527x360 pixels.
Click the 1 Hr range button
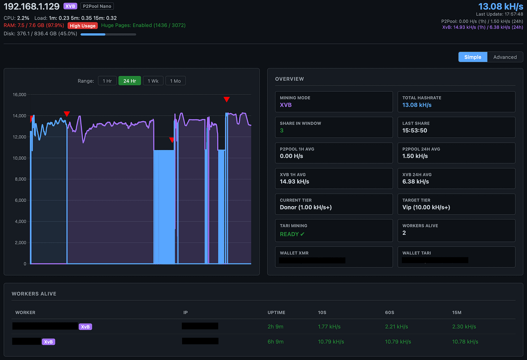coord(107,81)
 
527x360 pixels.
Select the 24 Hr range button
coord(130,81)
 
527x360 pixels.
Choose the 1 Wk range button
coord(153,81)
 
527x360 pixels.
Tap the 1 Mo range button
coord(175,81)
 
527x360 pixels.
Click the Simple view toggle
coord(473,57)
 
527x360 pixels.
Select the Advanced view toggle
coord(505,57)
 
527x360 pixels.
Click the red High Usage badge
coord(83,26)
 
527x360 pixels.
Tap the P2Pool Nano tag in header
coord(97,6)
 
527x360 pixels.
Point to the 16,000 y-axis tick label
coord(20,94)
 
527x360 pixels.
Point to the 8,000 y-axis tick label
coord(21,179)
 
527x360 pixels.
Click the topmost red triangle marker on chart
coord(227,99)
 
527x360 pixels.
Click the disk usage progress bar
coord(108,34)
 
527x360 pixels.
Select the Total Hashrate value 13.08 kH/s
coord(417,105)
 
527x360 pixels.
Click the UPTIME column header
coord(276,312)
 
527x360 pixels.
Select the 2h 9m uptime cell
coord(275,327)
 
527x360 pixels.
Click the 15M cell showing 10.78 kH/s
coord(465,342)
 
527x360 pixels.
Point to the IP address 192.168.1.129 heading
coord(31,7)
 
